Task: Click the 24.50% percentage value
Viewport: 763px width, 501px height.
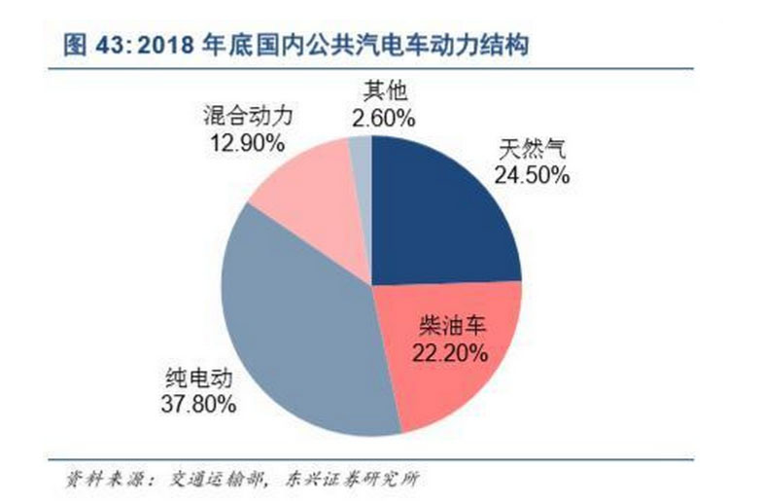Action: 532,176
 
